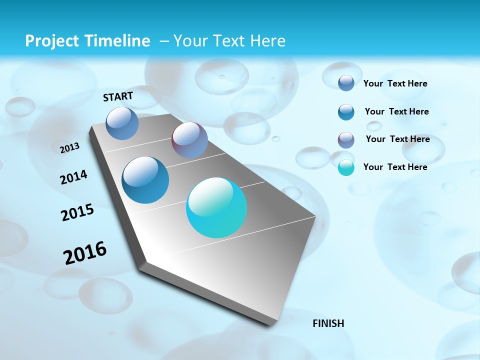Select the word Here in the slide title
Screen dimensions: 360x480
pyautogui.click(x=267, y=41)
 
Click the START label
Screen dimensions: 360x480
pyautogui.click(x=118, y=96)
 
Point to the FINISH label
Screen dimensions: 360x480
pyautogui.click(x=328, y=323)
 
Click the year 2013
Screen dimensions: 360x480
pyautogui.click(x=69, y=148)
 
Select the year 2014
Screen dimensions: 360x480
pyautogui.click(x=73, y=177)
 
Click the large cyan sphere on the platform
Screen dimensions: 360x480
pyautogui.click(x=216, y=207)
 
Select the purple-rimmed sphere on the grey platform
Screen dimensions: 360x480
pyautogui.click(x=189, y=140)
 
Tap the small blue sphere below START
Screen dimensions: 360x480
pyautogui.click(x=122, y=123)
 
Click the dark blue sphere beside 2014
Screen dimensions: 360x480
pyautogui.click(x=145, y=180)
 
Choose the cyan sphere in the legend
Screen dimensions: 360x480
pyautogui.click(x=346, y=167)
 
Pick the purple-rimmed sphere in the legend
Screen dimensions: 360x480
pyautogui.click(x=346, y=140)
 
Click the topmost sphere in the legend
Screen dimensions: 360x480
pyautogui.click(x=346, y=83)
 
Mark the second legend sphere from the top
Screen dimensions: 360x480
pyautogui.click(x=346, y=112)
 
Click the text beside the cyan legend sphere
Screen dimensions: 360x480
pyautogui.click(x=395, y=167)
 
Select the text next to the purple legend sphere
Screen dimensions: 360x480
pyautogui.click(x=397, y=139)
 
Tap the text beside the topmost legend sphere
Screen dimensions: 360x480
pyautogui.click(x=395, y=83)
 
